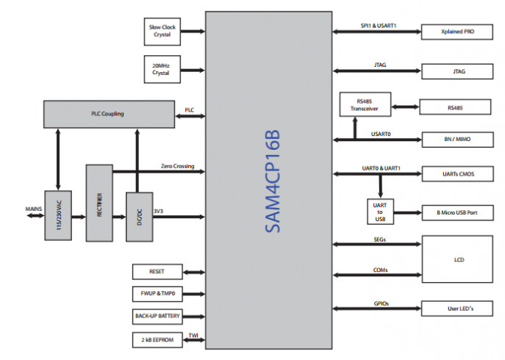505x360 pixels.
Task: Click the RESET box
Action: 157,271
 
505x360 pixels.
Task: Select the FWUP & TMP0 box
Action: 157,294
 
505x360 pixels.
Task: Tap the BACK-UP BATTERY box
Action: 157,317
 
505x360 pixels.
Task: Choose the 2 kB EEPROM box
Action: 157,339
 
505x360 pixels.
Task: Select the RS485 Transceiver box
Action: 365,104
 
